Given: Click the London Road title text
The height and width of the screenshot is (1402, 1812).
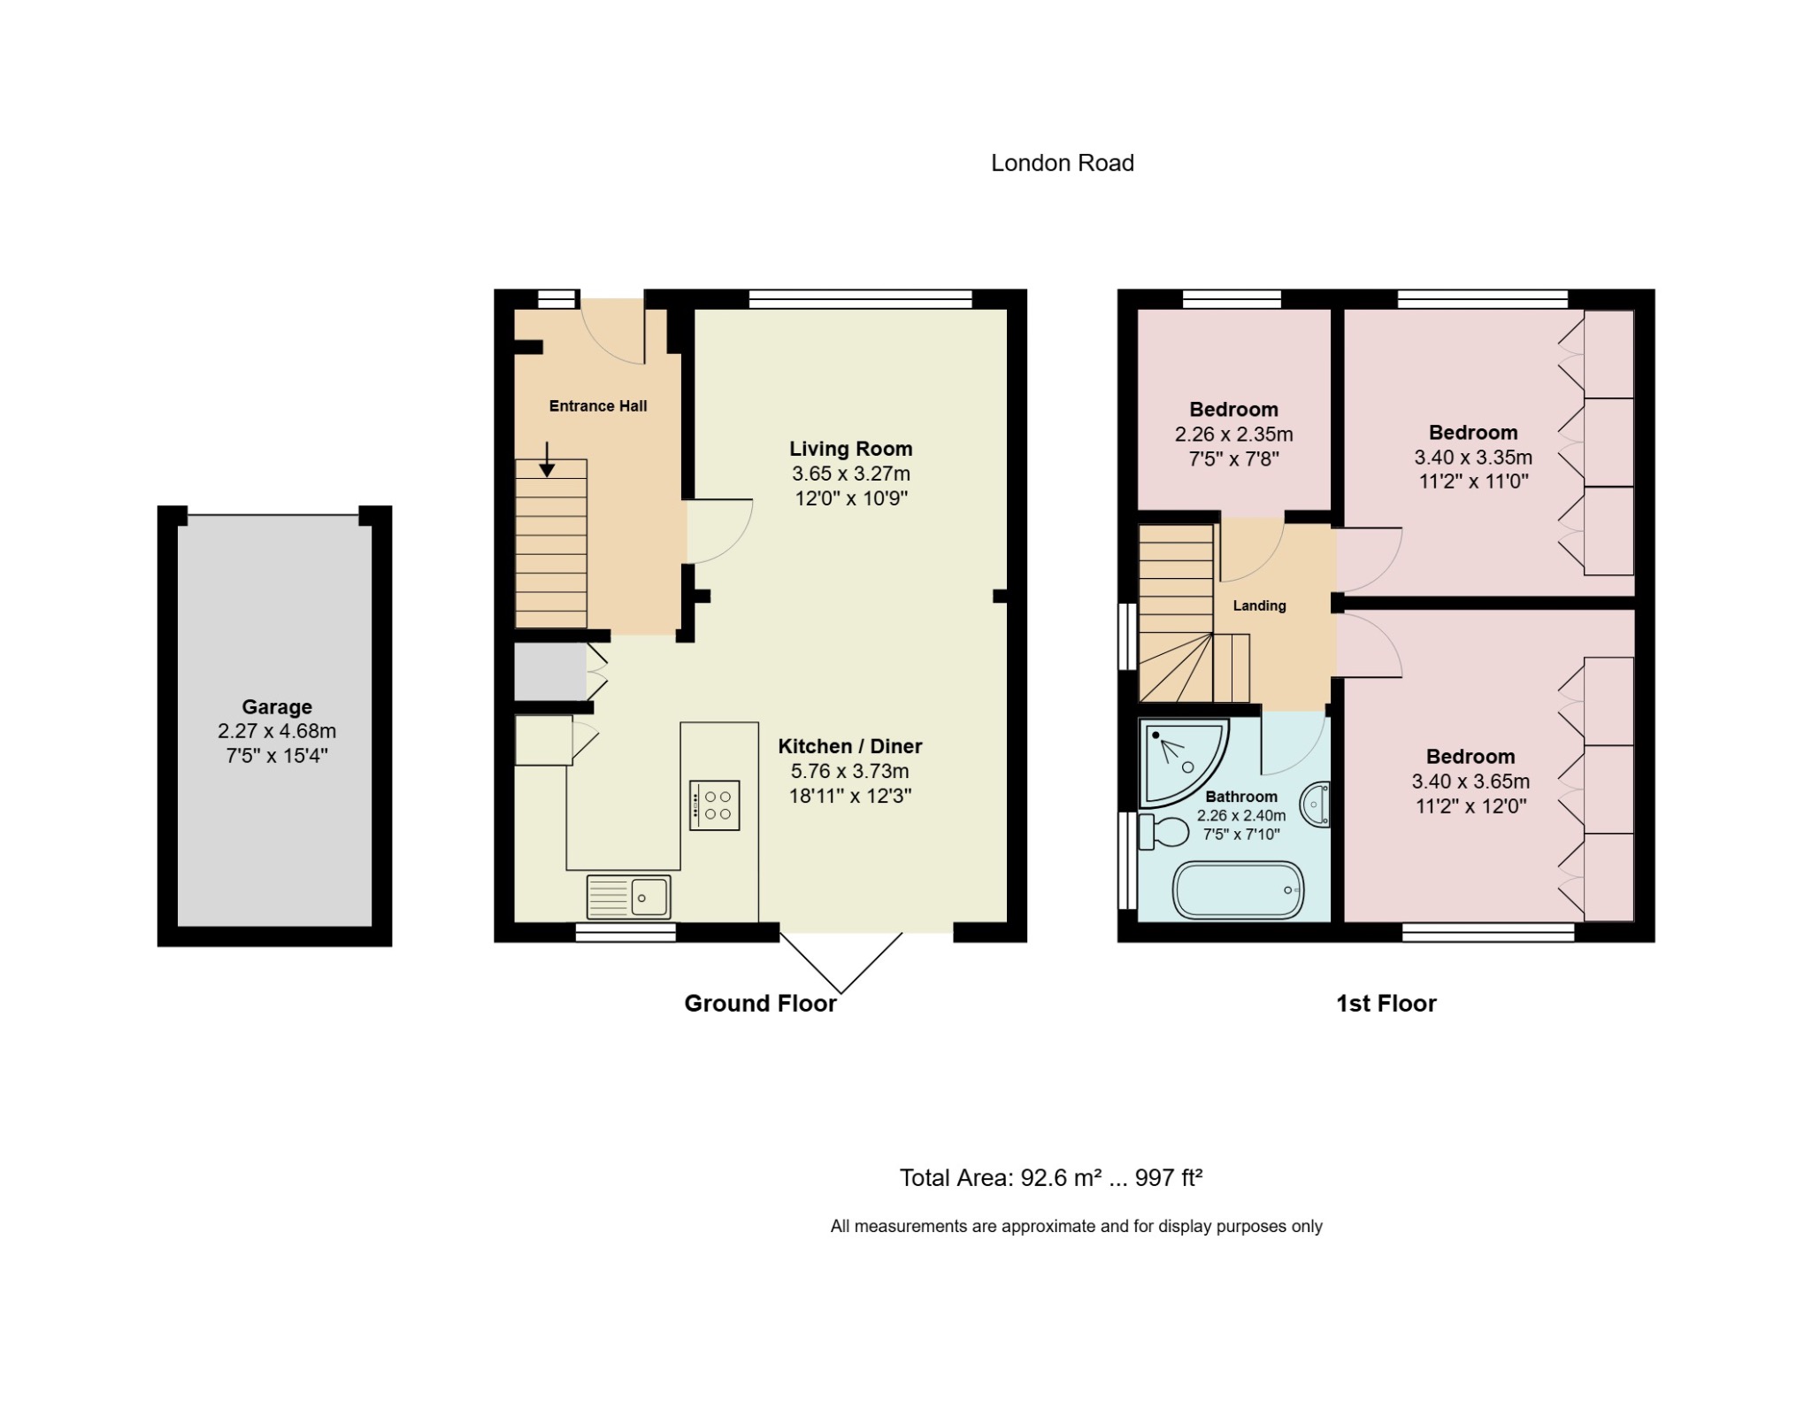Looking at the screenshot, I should pyautogui.click(x=1062, y=163).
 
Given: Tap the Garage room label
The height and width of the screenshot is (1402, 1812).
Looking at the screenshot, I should pyautogui.click(x=277, y=707).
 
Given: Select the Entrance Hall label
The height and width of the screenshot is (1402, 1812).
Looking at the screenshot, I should pyautogui.click(x=598, y=406).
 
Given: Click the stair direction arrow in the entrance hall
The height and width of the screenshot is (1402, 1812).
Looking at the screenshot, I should pyautogui.click(x=548, y=460).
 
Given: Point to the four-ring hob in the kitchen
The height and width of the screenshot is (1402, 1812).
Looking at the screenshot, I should pyautogui.click(x=715, y=805).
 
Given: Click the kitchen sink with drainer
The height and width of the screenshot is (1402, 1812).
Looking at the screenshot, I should pyautogui.click(x=629, y=897).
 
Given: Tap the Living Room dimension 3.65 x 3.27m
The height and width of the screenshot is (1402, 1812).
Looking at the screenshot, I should pyautogui.click(x=851, y=474).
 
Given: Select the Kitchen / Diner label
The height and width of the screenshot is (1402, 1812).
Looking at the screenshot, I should pyautogui.click(x=850, y=746).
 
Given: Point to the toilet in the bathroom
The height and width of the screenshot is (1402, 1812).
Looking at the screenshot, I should pyautogui.click(x=1164, y=831).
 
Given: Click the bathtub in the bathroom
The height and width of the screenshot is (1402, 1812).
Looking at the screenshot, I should pyautogui.click(x=1238, y=890).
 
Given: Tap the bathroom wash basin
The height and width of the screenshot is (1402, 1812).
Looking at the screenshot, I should pyautogui.click(x=1316, y=805).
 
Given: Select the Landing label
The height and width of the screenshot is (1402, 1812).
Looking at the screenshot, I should pyautogui.click(x=1259, y=606).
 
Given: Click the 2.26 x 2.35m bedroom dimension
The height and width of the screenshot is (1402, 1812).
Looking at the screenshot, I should pyautogui.click(x=1233, y=435).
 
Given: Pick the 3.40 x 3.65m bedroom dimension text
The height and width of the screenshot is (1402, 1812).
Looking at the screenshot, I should pyautogui.click(x=1470, y=782).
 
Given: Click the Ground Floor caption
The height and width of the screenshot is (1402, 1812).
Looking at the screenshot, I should pyautogui.click(x=760, y=1003).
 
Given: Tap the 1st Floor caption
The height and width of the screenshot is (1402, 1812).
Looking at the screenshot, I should pyautogui.click(x=1386, y=1003).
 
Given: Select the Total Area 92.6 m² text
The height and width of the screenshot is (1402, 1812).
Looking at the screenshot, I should pyautogui.click(x=1050, y=1178).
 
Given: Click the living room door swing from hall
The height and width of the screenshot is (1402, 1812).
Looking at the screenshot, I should pyautogui.click(x=718, y=530).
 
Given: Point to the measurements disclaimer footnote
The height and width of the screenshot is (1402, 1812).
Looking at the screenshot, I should pyautogui.click(x=1076, y=1226).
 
